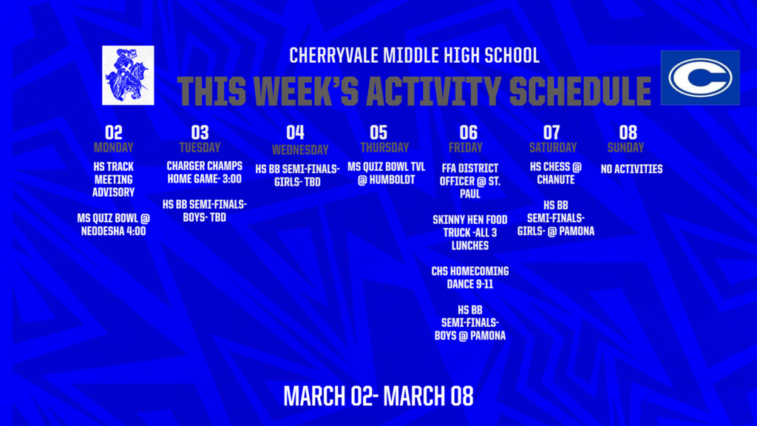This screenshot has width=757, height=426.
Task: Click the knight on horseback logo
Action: (128, 75)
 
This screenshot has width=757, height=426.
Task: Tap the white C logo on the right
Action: (699, 78)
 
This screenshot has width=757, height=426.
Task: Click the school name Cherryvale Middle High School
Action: (414, 55)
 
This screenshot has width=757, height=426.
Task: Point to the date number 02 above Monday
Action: (113, 132)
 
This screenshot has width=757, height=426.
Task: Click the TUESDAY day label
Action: (200, 147)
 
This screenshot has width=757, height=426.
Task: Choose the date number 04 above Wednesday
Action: (295, 132)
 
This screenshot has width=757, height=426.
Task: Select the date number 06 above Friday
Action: (468, 132)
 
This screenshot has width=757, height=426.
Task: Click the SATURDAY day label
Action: (552, 147)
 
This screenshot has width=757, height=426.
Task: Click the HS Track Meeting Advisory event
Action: (113, 180)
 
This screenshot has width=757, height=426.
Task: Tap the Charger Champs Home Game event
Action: (204, 172)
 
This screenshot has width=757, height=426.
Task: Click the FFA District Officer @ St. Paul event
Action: (470, 180)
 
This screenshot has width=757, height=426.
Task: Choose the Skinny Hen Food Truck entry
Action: (470, 232)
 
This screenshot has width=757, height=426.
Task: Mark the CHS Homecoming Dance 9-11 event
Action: (470, 277)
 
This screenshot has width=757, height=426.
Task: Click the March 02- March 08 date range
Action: (378, 396)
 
